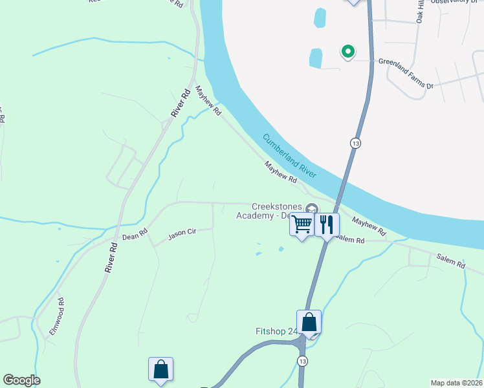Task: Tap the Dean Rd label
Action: coord(135,234)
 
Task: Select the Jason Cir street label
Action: coord(182,233)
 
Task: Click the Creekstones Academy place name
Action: coord(272,211)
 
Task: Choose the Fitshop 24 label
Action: coord(276,332)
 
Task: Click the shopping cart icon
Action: coord(302,225)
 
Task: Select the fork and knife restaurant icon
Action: coord(326,225)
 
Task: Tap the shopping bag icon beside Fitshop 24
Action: coord(309,321)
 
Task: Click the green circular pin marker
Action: coord(347,51)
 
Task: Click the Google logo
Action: coord(21,380)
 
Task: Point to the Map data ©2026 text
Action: coord(456,383)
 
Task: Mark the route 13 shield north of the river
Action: coord(355,142)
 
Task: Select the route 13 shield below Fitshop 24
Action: coord(302,360)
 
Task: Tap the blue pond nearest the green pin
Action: coord(315,58)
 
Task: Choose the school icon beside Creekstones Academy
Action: coord(312,208)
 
